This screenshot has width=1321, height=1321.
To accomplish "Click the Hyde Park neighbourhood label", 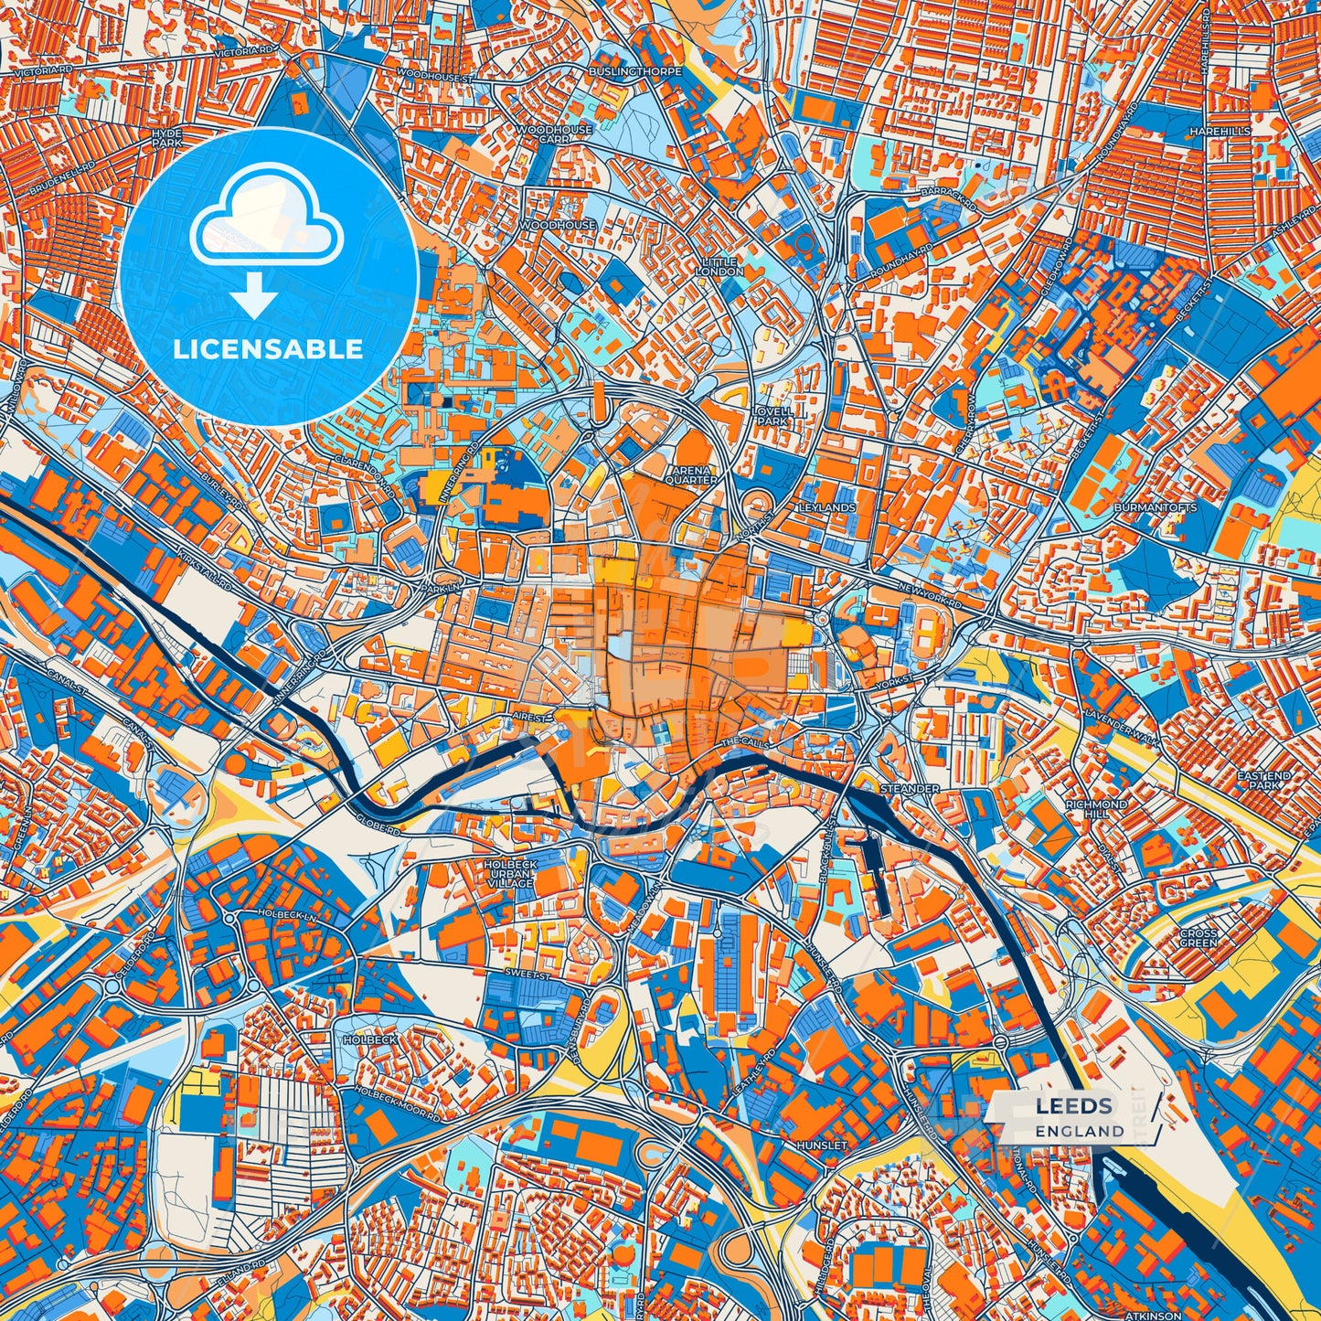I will point(166,139).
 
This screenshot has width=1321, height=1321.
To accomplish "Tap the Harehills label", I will point(1220,132).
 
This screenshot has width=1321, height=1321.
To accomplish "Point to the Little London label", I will point(719,266).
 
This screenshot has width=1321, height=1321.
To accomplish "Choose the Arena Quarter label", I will point(691,474).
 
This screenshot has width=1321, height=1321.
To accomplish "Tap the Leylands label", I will point(826,506).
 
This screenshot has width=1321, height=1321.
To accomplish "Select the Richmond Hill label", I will point(1096,808).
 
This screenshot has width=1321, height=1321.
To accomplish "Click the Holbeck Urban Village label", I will point(511,873).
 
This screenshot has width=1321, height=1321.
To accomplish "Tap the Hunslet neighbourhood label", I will point(821,1145).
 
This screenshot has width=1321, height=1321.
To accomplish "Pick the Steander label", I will point(909,788).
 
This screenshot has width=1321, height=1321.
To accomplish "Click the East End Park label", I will point(1264,780).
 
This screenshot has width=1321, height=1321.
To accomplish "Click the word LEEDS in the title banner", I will point(1073,1107).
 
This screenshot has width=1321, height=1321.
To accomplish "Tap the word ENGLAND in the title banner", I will point(1080,1131).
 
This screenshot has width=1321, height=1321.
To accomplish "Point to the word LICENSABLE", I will point(269,349).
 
